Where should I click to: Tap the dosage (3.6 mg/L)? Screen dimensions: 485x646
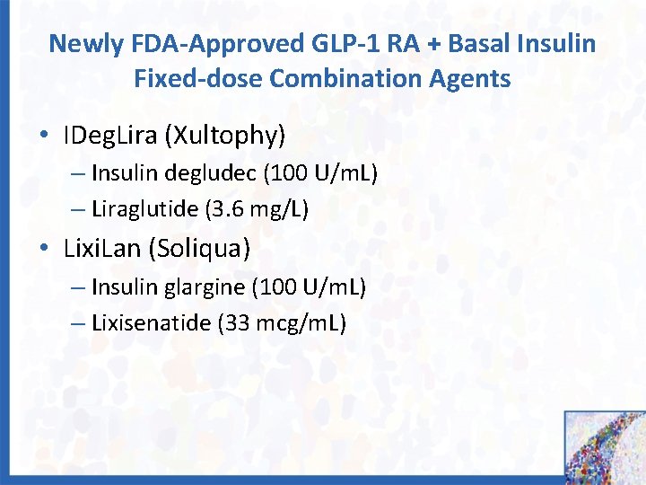(257, 209)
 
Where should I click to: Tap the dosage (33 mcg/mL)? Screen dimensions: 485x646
(281, 322)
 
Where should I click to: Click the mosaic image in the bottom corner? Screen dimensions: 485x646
(604, 446)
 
